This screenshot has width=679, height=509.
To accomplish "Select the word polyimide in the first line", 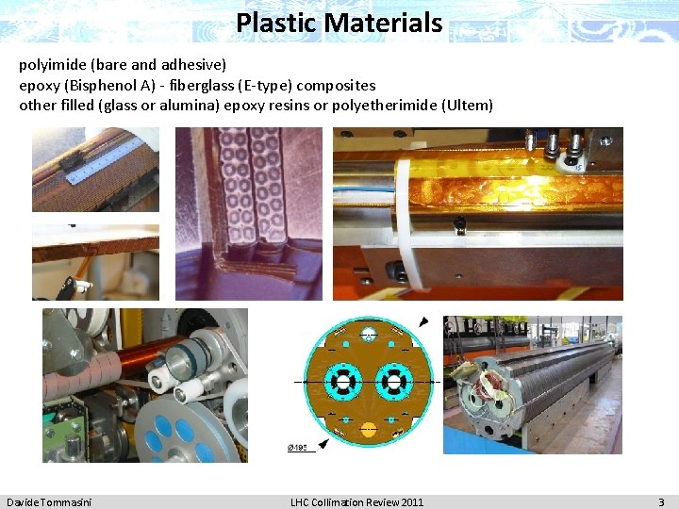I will [53, 65].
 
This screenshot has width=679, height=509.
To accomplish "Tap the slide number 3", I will [661, 501].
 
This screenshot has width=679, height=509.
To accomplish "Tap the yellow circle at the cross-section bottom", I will [365, 429].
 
